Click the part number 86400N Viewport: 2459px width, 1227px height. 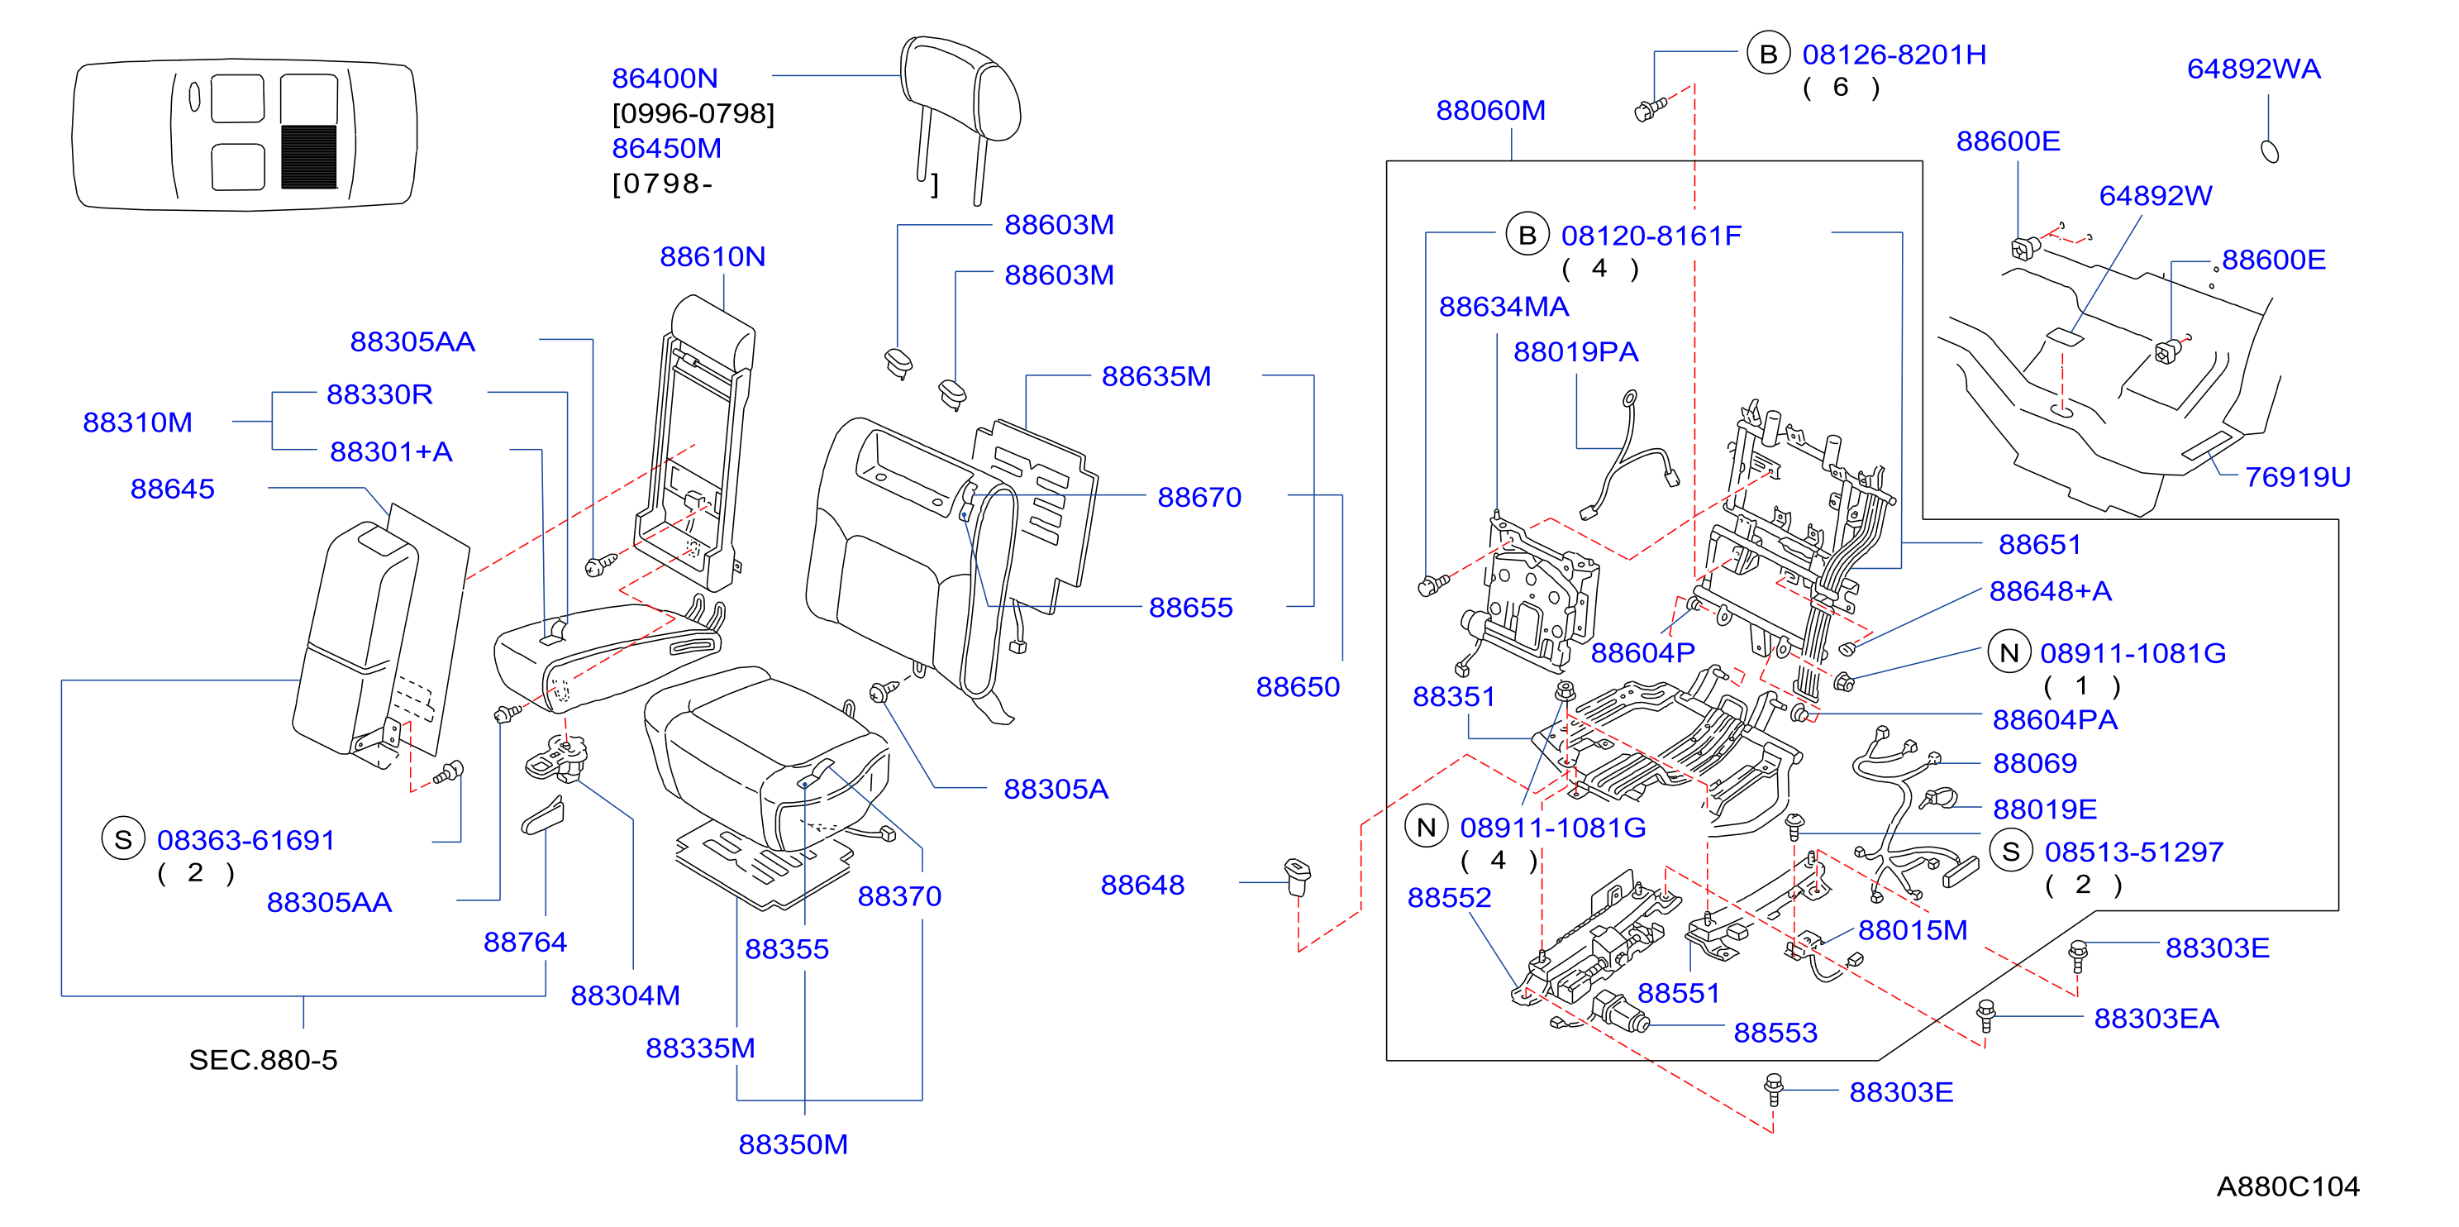pos(665,78)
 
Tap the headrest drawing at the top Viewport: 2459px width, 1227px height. pos(960,118)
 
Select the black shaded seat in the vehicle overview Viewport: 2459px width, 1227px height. pos(308,156)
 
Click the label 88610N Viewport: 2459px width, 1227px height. pos(712,256)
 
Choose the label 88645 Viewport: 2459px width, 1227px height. pos(173,489)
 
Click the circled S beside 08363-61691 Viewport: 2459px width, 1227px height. pos(123,839)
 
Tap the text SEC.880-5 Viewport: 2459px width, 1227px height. pos(264,1060)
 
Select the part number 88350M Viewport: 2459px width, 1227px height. pos(793,1144)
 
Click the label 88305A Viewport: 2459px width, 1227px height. pos(1056,789)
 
